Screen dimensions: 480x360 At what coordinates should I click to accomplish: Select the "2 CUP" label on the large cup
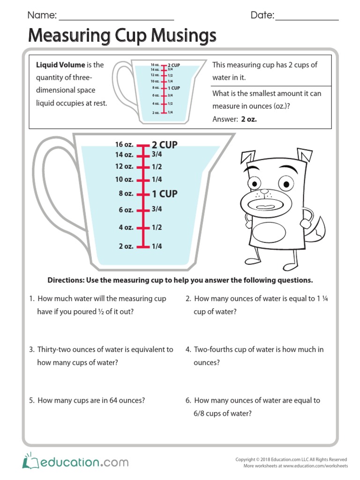165,145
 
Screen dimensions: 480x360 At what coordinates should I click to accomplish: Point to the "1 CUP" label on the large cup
165,194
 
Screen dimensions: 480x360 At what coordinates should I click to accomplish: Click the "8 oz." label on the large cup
126,194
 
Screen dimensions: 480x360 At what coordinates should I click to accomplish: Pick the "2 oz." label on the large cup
126,246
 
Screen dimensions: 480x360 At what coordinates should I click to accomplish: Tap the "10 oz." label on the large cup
124,179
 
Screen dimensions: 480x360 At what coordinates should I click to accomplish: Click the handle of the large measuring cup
47,187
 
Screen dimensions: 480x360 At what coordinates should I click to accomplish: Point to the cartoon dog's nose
265,192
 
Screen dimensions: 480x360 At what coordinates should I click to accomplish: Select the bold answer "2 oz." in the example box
249,119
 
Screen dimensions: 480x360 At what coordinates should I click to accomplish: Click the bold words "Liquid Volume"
60,65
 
